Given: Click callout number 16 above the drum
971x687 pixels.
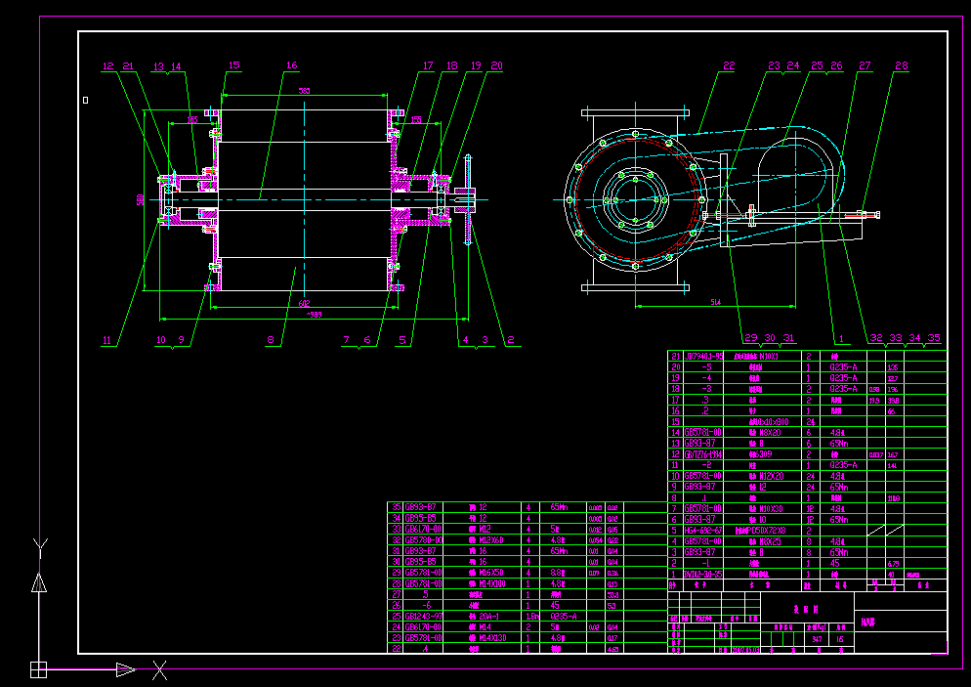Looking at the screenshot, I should (291, 65).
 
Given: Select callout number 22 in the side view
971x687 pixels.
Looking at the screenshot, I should (729, 66).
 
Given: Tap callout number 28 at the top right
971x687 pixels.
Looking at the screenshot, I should (901, 66).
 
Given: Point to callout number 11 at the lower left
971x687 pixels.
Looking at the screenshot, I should (108, 340).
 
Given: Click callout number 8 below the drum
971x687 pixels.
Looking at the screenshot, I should (271, 340).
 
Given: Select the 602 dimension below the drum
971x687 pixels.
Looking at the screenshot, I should (304, 303).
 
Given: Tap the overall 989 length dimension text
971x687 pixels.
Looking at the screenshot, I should (314, 315).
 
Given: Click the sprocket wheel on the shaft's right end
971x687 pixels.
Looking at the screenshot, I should (469, 199).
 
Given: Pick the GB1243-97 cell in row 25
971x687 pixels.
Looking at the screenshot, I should (425, 616).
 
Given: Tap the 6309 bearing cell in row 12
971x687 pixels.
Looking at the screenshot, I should (760, 454).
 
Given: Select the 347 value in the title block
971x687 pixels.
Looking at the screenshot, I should (817, 638).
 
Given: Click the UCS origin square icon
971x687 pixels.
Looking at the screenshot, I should (38, 669).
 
